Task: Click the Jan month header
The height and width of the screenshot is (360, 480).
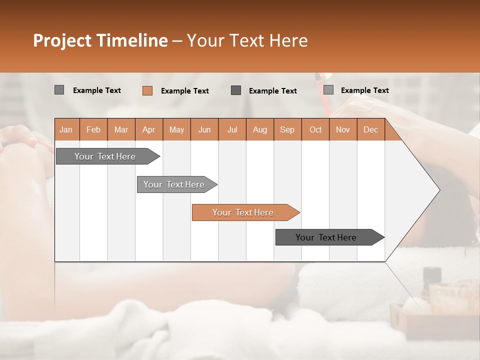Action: (x=66, y=129)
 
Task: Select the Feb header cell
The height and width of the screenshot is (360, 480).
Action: (x=93, y=129)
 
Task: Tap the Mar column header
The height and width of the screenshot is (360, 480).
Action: (x=121, y=129)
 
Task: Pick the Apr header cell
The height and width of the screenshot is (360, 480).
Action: (x=149, y=129)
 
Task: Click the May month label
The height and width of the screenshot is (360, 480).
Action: (x=176, y=129)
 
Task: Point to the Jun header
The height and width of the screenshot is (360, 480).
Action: (x=204, y=129)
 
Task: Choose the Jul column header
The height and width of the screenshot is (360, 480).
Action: (x=232, y=129)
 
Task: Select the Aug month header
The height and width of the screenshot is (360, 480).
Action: (x=260, y=129)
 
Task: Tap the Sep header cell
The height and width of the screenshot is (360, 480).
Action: (x=287, y=129)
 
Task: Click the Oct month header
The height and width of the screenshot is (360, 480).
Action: (x=315, y=129)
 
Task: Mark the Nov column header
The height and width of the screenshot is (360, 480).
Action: (x=343, y=129)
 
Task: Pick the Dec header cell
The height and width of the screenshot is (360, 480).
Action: (x=371, y=129)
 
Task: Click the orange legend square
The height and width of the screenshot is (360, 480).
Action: (x=147, y=90)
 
